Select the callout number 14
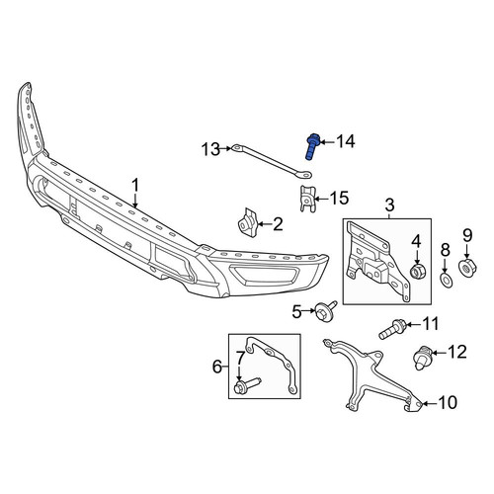pyautogui.click(x=345, y=141)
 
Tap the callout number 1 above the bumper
pyautogui.click(x=135, y=186)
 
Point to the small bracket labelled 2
pyautogui.click(x=248, y=222)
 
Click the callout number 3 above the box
pyautogui.click(x=389, y=205)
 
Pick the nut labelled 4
pyautogui.click(x=417, y=271)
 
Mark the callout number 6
pyautogui.click(x=217, y=367)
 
